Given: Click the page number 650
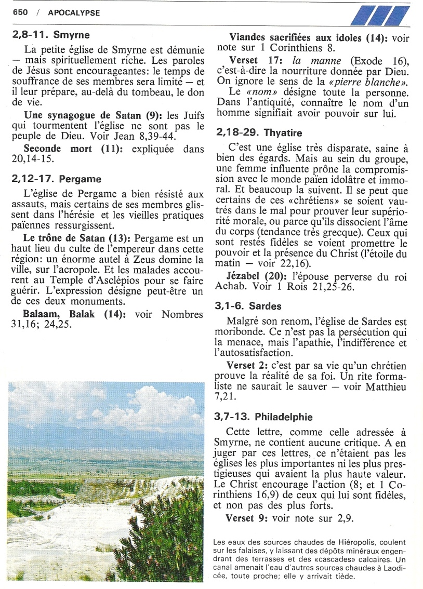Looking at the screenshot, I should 21,12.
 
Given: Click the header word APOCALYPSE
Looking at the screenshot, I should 74,12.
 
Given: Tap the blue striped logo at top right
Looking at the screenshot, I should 379,16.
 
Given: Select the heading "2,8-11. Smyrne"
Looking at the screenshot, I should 50,35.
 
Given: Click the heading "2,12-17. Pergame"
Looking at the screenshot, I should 56,179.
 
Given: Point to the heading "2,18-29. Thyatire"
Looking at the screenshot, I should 258,133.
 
